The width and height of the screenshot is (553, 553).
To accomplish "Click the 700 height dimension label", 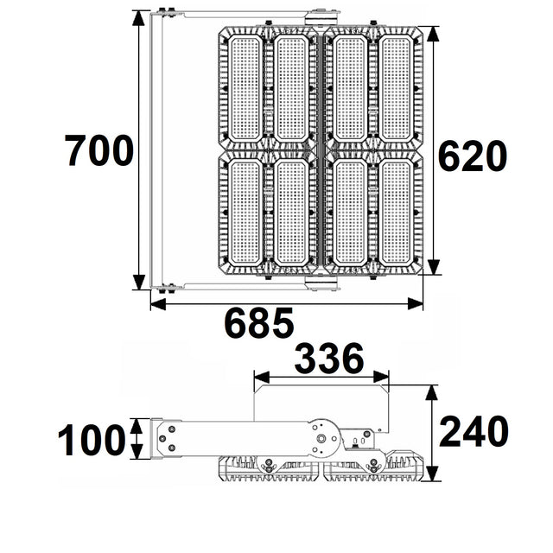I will coord(99,152).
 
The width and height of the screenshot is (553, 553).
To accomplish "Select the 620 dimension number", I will coord(472,157).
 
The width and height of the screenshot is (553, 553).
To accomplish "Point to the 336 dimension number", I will coord(329,360).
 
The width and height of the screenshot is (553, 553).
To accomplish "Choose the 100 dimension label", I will coord(91,441).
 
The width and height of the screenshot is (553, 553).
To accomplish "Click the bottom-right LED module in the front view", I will coord(397,212).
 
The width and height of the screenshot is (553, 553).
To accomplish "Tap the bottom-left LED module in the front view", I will coord(245,212).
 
